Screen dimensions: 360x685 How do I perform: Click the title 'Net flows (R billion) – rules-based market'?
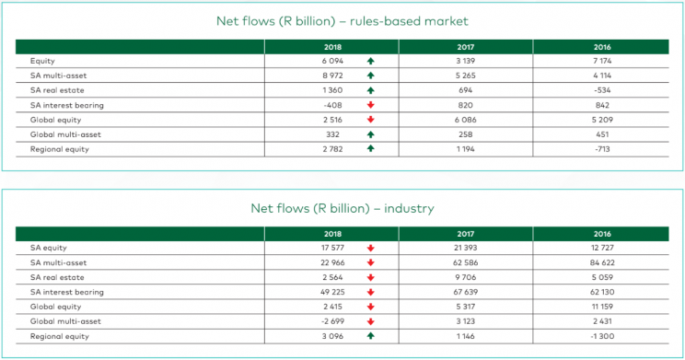342,20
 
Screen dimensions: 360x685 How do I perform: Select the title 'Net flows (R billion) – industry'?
342,208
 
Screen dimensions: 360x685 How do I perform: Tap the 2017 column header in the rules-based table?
465,45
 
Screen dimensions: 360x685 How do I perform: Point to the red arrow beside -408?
369,105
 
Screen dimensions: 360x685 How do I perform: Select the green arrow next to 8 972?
369,75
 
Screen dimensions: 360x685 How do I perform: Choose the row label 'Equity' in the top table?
42,61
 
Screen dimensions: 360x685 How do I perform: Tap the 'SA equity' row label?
47,248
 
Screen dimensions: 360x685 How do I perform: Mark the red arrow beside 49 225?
369,292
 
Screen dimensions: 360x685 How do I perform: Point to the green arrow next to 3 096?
369,336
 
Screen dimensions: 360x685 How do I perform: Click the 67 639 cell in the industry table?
465,292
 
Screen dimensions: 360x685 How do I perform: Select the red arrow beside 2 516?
369,120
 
